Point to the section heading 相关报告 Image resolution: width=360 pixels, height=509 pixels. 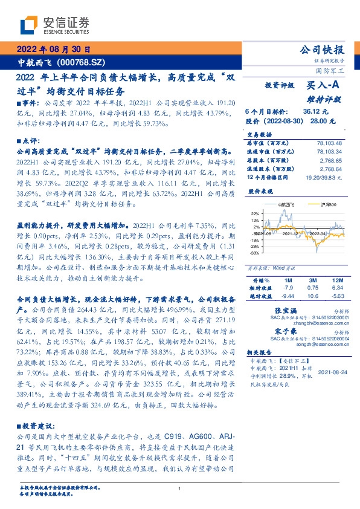[x=262, y=351]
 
